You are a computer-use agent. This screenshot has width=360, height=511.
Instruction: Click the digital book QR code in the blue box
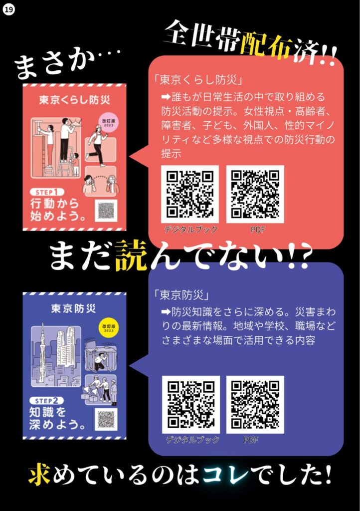pos(190,404)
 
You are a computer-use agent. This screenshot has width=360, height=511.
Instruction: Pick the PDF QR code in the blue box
pos(255,404)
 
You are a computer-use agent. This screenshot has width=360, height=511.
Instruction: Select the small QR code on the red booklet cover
pos(106,210)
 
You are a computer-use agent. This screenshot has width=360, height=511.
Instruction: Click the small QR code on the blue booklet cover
pos(106,419)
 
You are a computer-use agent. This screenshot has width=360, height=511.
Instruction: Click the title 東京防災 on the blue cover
pos(74,308)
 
